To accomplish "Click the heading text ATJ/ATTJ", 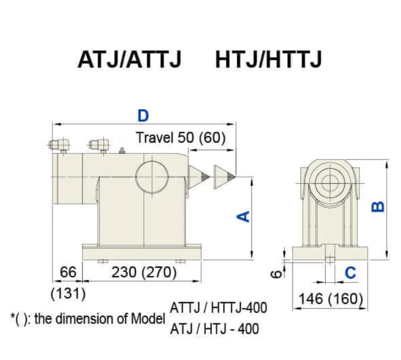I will pyautogui.click(x=129, y=60).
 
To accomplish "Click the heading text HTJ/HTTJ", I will pyautogui.click(x=268, y=60).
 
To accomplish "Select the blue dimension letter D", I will pyautogui.click(x=143, y=115).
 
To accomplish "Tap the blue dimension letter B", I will pyautogui.click(x=378, y=206).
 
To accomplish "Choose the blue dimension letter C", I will pyautogui.click(x=351, y=272).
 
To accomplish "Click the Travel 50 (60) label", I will pyautogui.click(x=180, y=137).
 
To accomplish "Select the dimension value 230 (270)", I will pyautogui.click(x=144, y=272).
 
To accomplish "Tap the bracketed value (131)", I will pyautogui.click(x=68, y=293).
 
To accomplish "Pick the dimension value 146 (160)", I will pyautogui.click(x=331, y=298).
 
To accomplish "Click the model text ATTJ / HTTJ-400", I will pyautogui.click(x=219, y=308).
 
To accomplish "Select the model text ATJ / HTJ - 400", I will pyautogui.click(x=215, y=329).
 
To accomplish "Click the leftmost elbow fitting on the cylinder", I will pyautogui.click(x=57, y=145).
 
